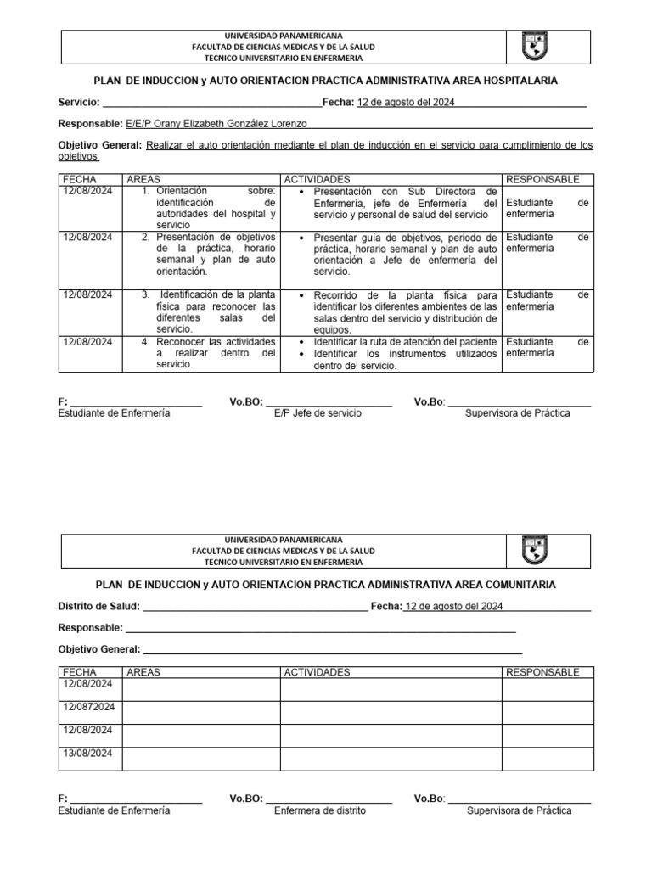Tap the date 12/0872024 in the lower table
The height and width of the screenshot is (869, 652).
(89, 707)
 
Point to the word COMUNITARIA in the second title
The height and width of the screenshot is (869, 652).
(514, 585)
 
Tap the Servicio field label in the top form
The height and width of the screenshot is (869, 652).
(79, 103)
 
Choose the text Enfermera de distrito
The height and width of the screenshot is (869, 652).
(320, 810)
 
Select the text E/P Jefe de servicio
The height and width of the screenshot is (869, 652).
(318, 412)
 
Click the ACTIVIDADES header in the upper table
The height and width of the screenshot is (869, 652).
(316, 180)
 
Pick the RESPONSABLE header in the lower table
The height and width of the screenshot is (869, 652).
(542, 672)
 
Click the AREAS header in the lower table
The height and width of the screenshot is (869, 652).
(143, 672)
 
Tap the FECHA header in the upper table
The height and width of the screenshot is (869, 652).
(81, 180)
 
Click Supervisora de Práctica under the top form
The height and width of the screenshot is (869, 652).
(518, 412)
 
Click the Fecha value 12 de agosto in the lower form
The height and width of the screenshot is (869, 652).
(455, 607)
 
